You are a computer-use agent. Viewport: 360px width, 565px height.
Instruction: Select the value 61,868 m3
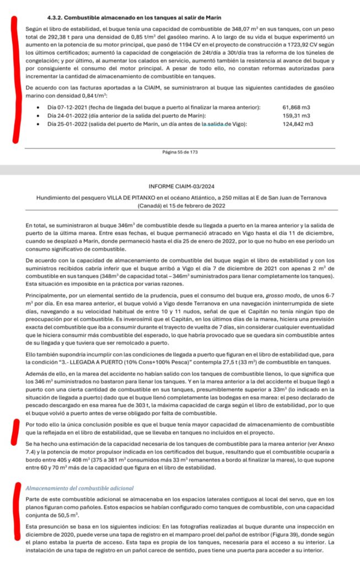click(298, 107)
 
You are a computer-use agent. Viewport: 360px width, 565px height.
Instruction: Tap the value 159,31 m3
click(297, 115)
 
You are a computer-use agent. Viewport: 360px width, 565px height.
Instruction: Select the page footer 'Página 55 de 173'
click(180, 152)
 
